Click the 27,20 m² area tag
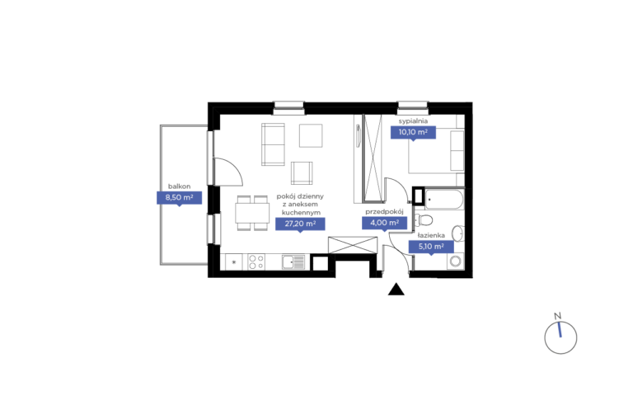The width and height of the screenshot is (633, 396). click(x=300, y=224)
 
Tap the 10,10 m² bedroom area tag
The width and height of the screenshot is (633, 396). click(x=413, y=132)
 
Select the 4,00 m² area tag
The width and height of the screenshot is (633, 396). click(x=384, y=223)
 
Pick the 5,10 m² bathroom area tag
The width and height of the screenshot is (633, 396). click(x=431, y=247)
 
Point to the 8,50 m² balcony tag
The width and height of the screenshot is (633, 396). click(x=179, y=198)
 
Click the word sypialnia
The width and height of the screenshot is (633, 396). click(x=413, y=120)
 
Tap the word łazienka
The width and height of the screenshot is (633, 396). click(x=431, y=235)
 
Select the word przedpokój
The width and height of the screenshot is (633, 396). click(x=384, y=211)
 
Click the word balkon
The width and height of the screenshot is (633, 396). click(x=179, y=186)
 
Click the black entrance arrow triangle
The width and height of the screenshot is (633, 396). click(x=396, y=290)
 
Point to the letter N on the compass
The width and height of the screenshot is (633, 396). click(x=557, y=316)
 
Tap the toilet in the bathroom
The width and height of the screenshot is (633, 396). click(x=424, y=220)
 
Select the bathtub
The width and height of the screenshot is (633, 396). click(x=444, y=199)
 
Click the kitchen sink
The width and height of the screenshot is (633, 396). click(x=293, y=262)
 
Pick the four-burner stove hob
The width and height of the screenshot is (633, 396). click(x=256, y=262)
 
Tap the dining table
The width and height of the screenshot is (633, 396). click(x=252, y=213)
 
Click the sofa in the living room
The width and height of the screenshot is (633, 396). click(x=273, y=144)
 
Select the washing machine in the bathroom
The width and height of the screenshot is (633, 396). click(x=455, y=262)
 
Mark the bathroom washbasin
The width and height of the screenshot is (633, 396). click(x=457, y=233)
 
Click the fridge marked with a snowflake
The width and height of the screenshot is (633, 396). click(x=234, y=262)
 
